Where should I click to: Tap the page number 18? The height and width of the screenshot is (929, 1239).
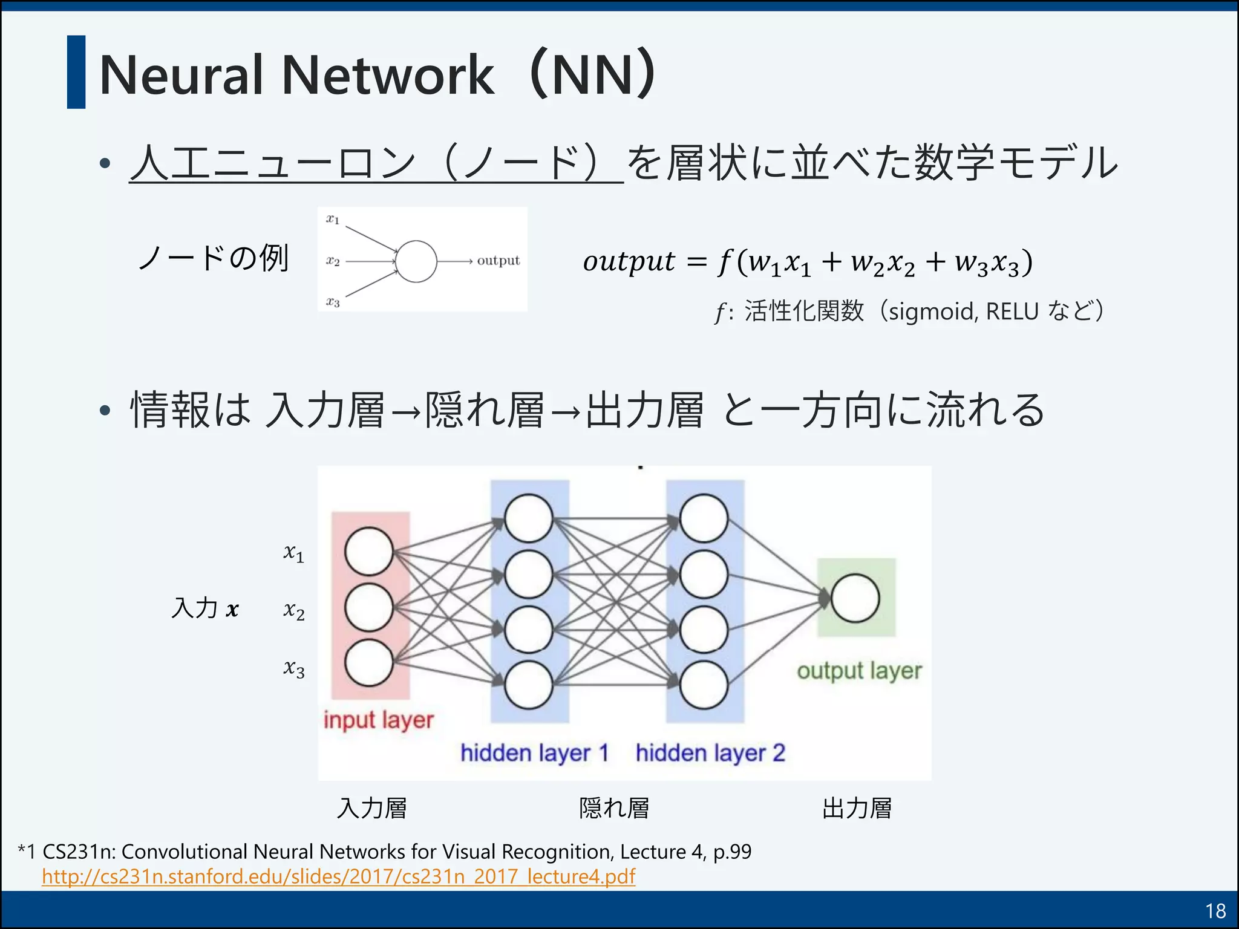coord(1215,911)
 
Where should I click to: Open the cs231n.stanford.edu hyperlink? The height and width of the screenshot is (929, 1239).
coord(339,876)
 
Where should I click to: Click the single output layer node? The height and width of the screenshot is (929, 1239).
coord(855,598)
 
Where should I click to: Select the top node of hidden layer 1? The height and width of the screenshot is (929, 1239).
coord(528,518)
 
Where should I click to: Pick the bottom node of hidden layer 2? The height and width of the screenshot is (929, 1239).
coord(704,685)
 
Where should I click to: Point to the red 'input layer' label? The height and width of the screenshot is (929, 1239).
coord(379,720)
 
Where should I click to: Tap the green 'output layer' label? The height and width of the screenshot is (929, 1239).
coord(859,671)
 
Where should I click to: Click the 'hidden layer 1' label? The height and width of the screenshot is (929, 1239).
coord(534,753)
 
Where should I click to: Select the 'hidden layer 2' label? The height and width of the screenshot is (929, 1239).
coord(710,753)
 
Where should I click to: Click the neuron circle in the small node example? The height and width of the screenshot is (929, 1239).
coord(416,261)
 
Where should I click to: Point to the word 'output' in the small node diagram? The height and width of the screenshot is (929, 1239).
coord(498,260)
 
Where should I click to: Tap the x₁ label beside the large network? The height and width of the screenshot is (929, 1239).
coord(294,553)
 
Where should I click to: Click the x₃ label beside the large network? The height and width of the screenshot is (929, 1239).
coord(294,668)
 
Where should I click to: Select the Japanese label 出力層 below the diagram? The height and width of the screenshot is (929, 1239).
coord(857,808)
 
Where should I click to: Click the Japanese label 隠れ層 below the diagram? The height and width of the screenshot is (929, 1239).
coord(614,808)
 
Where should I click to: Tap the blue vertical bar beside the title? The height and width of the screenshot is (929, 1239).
coord(76,72)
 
